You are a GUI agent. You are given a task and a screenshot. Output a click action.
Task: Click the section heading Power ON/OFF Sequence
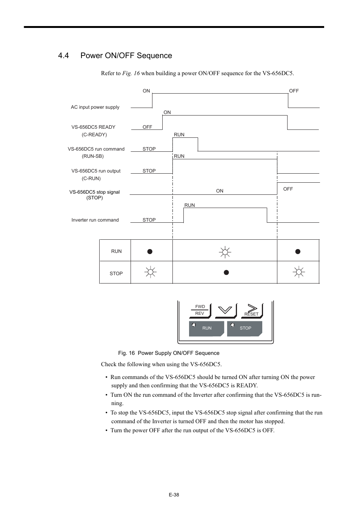(126, 55)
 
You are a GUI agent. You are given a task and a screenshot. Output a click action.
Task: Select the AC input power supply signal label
(95, 107)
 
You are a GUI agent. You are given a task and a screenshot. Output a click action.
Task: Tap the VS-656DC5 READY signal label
(93, 127)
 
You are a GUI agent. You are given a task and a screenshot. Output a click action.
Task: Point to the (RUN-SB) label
(92, 156)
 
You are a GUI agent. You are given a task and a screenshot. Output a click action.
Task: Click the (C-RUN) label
(91, 179)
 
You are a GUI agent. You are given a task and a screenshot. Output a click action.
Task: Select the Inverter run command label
(95, 220)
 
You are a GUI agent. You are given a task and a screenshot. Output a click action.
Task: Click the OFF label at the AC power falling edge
(294, 91)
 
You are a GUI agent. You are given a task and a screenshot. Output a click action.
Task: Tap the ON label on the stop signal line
(220, 191)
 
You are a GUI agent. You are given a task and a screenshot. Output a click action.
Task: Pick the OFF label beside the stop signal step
(288, 189)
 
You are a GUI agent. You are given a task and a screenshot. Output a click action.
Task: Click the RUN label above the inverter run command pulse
(189, 205)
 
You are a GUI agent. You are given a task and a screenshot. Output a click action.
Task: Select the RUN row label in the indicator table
(116, 251)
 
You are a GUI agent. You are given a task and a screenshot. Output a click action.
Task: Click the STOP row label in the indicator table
(116, 274)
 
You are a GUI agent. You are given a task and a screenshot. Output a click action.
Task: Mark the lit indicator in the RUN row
(225, 252)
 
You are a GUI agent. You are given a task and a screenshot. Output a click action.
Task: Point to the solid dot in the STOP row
(226, 273)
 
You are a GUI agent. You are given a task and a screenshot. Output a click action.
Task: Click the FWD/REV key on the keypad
(200, 310)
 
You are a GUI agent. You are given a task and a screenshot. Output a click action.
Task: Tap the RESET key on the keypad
(252, 311)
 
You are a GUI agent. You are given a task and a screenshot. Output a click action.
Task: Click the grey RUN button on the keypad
(206, 328)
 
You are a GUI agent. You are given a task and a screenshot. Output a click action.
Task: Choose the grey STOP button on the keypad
(245, 328)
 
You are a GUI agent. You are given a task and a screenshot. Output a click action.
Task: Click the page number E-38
(174, 495)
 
